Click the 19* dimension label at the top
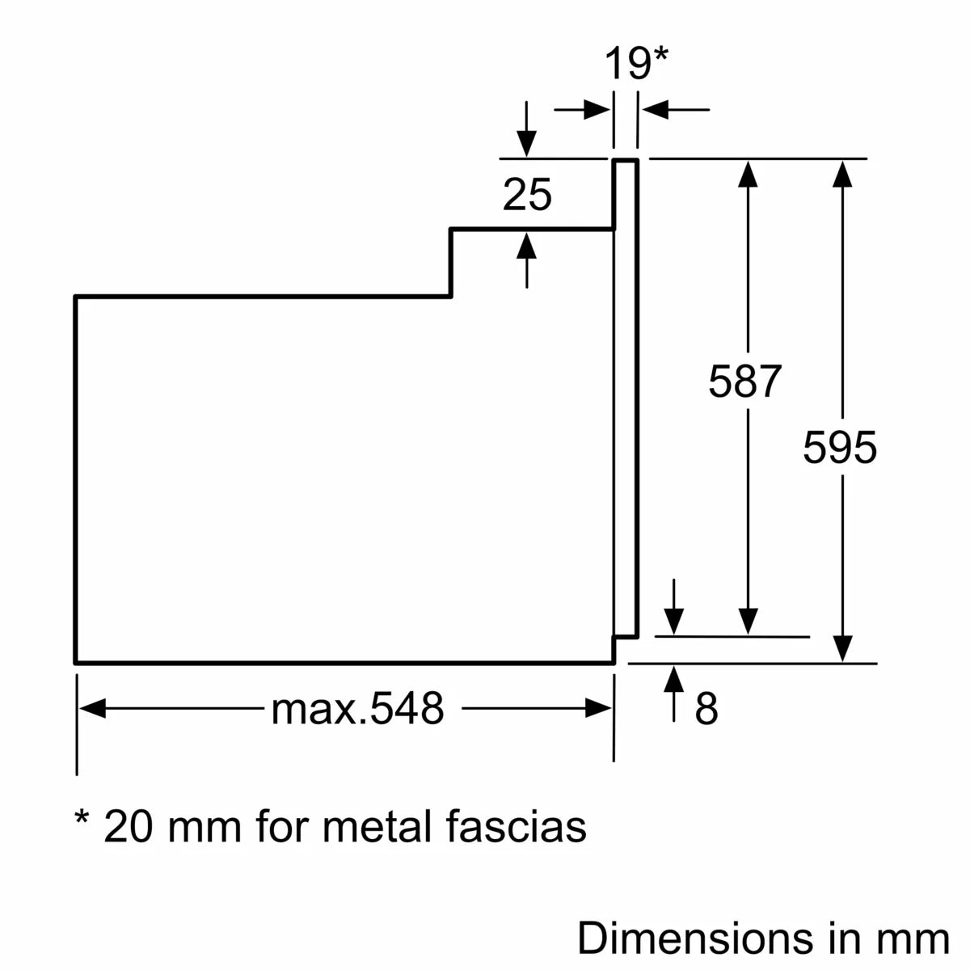[637, 64]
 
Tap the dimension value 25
[527, 195]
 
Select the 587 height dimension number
[744, 382]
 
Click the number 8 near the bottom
[706, 709]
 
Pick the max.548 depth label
[357, 709]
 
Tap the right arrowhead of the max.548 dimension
[599, 709]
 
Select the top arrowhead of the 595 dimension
[843, 173]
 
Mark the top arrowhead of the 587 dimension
[749, 173]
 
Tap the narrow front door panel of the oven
[626, 396]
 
